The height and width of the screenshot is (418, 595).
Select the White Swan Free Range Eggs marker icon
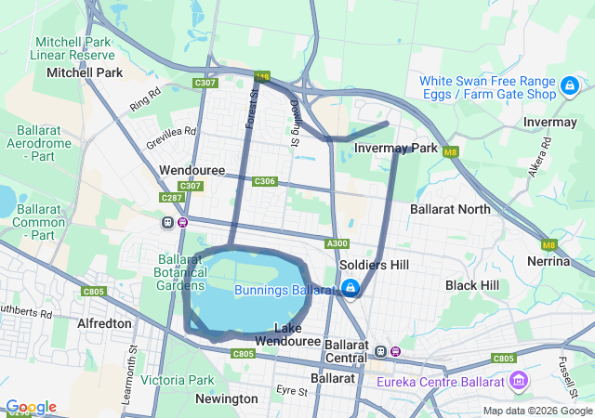568,87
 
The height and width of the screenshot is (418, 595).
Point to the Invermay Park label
396,148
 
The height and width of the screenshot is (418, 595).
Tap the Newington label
227,398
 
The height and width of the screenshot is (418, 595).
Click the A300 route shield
337,243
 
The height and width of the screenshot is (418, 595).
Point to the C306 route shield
265,181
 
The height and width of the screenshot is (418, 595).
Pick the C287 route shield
171,198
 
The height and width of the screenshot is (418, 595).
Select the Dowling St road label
294,123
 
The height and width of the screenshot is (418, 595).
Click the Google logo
31,407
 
